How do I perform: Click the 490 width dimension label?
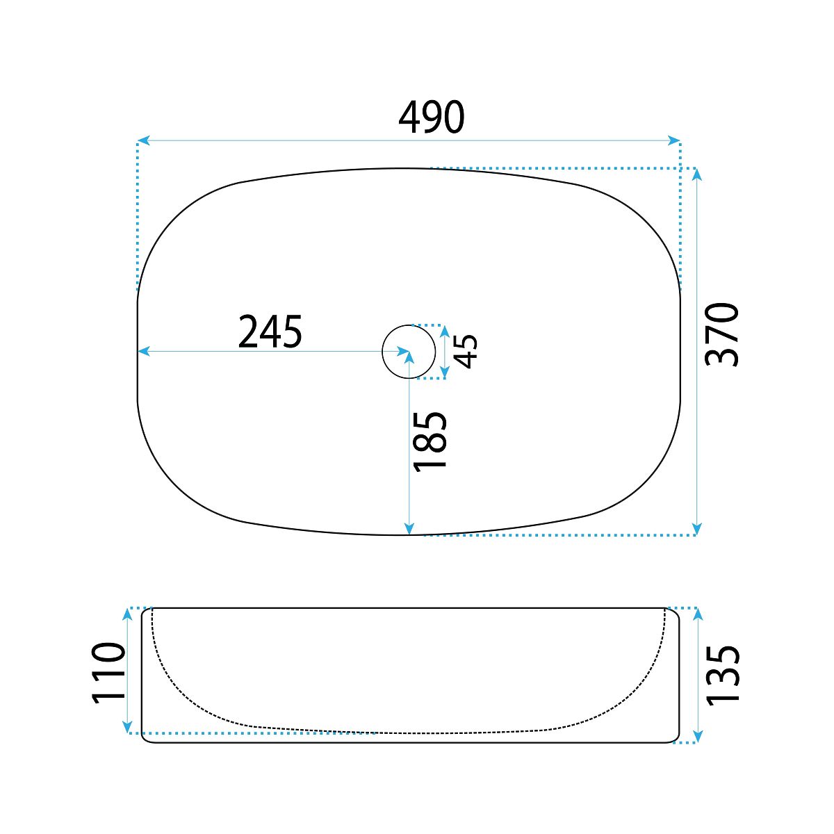coord(432,117)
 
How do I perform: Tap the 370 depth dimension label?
coord(722,334)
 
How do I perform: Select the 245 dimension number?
coord(270,332)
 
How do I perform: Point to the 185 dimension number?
coord(430,441)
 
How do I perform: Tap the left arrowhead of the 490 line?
coord(143,140)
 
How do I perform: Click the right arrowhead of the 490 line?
coord(674,140)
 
